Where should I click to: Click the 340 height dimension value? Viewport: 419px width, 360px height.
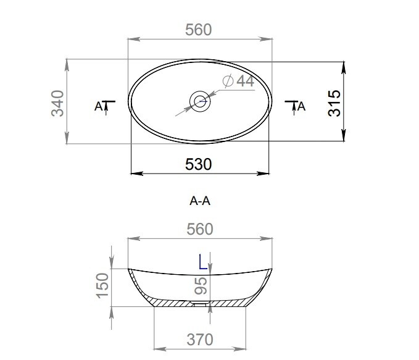pos(57,104)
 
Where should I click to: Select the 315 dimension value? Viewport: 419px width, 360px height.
pos(334,103)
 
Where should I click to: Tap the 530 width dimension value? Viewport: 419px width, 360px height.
pos(199,164)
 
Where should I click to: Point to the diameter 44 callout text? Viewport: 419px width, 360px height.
pos(238,81)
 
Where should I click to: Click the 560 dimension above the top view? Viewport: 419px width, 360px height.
pos(199,30)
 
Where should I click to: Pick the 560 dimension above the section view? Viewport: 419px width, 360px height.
pos(200,229)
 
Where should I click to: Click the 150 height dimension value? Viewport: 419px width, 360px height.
pos(102,286)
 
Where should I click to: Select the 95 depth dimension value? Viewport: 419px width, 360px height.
pos(201,286)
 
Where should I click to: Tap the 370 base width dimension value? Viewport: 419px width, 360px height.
pos(200,340)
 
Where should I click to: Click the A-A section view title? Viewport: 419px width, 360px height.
pos(200,201)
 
